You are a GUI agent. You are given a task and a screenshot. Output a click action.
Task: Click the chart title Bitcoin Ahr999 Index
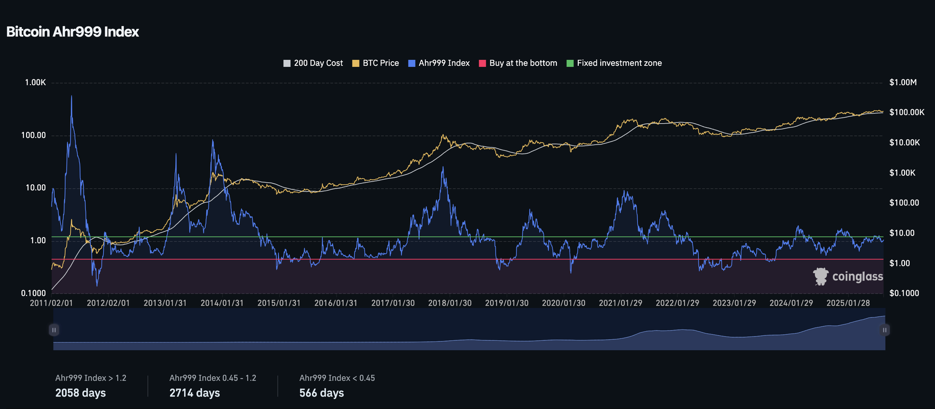coord(72,32)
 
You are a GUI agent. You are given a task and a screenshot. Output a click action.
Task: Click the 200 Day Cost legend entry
coord(313,63)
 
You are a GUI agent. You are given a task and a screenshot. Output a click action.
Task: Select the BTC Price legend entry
coord(375,63)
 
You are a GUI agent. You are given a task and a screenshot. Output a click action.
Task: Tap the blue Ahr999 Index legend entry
coord(439,63)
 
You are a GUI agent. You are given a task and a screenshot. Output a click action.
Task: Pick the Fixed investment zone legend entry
coord(614,63)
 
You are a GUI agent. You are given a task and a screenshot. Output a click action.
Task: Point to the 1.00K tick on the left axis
coord(36,83)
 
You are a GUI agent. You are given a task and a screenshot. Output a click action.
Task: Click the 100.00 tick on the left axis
coord(34,136)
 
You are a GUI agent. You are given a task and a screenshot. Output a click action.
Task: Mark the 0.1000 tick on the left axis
coord(34,293)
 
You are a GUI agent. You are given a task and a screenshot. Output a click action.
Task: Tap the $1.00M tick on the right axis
coord(903,83)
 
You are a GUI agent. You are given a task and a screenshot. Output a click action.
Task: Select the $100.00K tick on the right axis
coord(906,113)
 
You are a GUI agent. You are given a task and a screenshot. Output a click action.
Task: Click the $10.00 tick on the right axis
coord(902,233)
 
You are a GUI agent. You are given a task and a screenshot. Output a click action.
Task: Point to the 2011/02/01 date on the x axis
coord(51,303)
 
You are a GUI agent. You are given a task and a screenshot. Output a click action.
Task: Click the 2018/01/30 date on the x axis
coord(450,303)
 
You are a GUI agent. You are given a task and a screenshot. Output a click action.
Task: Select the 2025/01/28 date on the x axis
coord(848,303)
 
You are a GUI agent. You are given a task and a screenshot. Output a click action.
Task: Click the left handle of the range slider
coord(54,330)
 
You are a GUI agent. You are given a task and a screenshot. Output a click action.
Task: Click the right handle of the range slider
coord(885,330)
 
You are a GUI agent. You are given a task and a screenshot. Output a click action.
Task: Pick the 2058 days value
coord(80,393)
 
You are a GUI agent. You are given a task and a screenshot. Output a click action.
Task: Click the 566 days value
coord(322,393)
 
